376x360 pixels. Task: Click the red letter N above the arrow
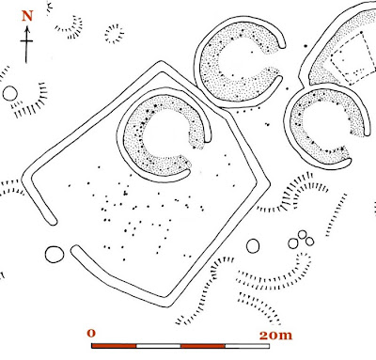point(27,16)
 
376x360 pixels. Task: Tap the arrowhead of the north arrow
point(27,29)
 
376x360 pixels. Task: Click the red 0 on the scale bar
point(91,333)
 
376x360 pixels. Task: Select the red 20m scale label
point(275,336)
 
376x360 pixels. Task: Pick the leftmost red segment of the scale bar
point(114,346)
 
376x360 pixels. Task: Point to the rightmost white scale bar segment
point(247,346)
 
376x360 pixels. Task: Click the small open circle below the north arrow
point(9,93)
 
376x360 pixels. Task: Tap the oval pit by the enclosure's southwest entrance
point(55,254)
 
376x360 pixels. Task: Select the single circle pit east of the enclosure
point(253,246)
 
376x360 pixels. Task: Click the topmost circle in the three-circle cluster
point(303,234)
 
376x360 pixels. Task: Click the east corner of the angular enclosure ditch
point(270,183)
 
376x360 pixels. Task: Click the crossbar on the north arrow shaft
point(26,41)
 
